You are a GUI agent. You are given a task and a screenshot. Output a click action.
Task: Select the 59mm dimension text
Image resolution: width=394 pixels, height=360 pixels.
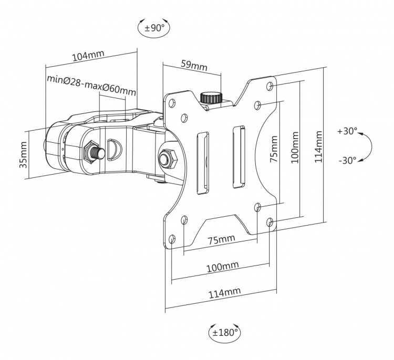(194, 66)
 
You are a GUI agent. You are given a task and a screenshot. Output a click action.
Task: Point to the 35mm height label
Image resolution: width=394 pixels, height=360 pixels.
(23, 155)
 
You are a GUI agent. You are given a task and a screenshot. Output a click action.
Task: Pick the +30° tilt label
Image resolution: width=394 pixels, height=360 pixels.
(347, 131)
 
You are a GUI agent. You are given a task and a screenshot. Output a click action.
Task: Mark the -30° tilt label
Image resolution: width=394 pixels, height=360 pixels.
(347, 160)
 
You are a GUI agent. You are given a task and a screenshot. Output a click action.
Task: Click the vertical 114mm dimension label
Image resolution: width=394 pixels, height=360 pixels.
(318, 147)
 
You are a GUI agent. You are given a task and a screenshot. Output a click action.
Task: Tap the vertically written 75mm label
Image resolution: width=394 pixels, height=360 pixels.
(273, 150)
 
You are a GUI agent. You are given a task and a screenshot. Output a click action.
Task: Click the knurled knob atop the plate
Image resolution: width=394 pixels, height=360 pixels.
(211, 98)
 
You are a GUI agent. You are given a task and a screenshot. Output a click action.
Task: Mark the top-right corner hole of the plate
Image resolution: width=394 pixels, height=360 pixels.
(270, 85)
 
